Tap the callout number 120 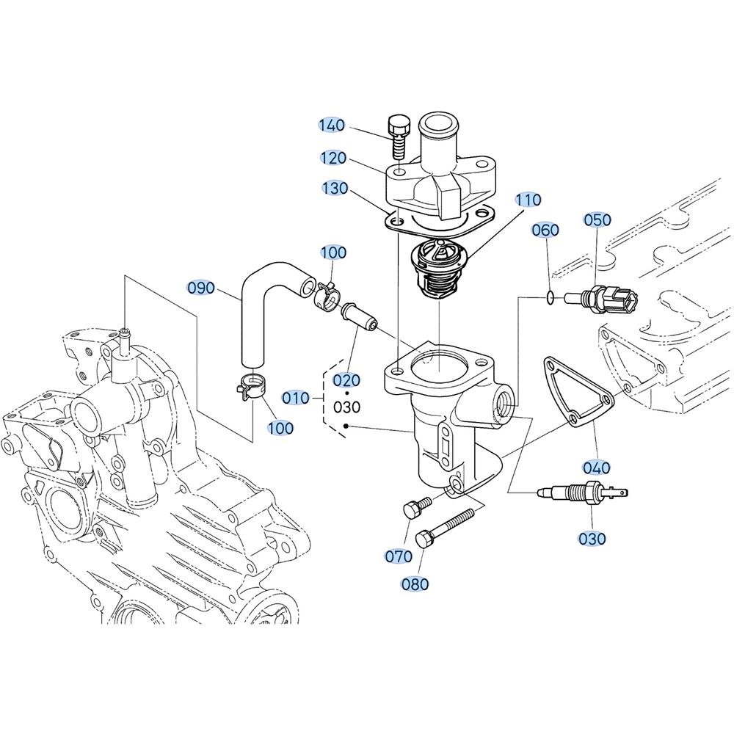coord(333,159)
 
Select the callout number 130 coord(335,188)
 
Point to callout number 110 coord(528,200)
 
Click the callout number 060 coord(546,230)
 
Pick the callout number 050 coord(597,220)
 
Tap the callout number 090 coord(201,288)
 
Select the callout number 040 coord(597,467)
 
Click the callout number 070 coord(399,556)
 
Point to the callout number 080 coord(415,584)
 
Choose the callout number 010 coord(296,399)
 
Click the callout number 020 coord(346,380)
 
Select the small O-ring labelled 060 coord(552,296)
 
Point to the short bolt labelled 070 coord(415,507)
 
